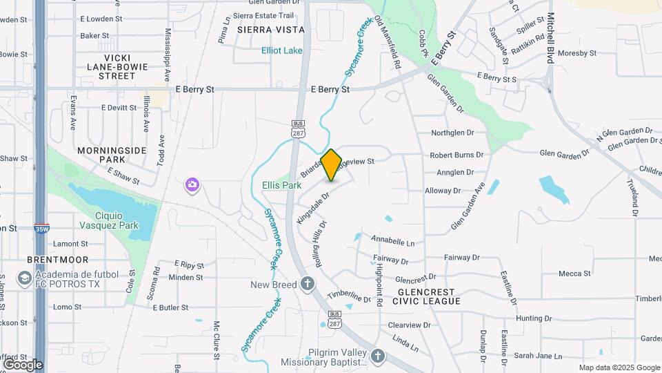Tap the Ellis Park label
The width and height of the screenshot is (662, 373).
tap(281, 185)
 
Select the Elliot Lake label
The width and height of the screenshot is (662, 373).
tap(281, 50)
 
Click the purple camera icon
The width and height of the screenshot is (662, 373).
tap(192, 184)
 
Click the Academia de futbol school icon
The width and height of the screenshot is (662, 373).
tap(25, 278)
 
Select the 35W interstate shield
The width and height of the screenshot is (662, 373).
tap(41, 227)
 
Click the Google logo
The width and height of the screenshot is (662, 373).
tap(22, 364)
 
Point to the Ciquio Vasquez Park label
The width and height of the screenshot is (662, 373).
tap(119, 220)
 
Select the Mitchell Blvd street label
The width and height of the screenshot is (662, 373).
tap(551, 39)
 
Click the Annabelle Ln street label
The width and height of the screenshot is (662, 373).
tap(392, 242)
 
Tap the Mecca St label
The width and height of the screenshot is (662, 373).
tap(574, 274)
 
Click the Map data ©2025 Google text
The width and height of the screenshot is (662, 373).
tap(619, 367)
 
